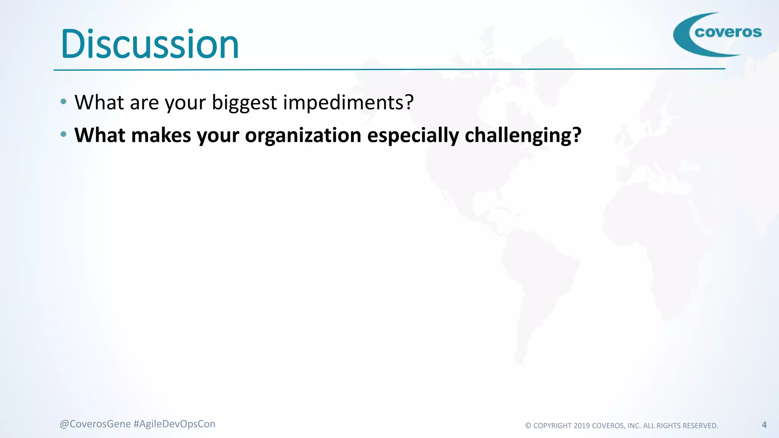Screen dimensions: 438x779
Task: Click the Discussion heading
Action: coord(150,44)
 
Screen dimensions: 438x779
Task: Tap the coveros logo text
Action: coord(728,32)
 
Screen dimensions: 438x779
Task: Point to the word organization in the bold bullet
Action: coord(303,136)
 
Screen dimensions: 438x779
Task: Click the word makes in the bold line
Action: coord(161,135)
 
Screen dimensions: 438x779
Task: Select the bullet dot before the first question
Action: coord(64,102)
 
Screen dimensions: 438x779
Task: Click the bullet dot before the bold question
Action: coord(64,134)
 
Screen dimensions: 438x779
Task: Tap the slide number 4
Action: coord(764,425)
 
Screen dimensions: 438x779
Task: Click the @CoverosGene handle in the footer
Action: coord(95,424)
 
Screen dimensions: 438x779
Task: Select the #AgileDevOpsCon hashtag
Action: coord(175,424)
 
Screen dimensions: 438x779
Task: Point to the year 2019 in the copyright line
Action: coord(582,426)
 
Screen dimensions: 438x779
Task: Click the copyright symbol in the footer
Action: coord(528,426)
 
